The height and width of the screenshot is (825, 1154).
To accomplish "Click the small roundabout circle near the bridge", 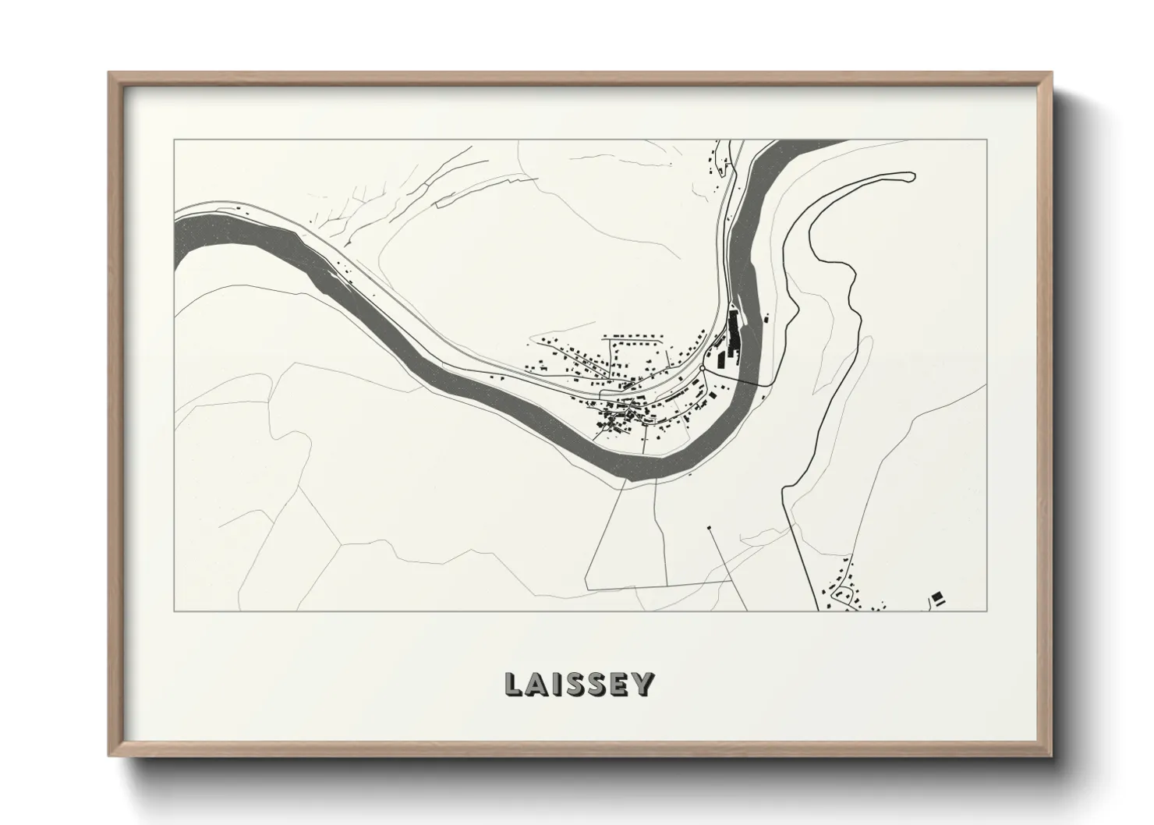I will pos(702,367).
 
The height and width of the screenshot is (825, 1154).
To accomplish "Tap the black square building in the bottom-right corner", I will pos(938,597).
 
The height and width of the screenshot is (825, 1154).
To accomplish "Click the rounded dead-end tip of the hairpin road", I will pos(910,177).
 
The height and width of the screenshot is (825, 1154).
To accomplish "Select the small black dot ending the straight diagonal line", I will pos(709,528).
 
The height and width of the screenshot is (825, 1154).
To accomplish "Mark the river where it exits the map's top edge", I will pos(807,142).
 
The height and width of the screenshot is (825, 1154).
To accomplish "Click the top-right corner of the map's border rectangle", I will pos(987,140).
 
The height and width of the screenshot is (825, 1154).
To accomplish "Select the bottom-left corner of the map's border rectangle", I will pos(175,611).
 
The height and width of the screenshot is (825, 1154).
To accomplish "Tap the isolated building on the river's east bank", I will pos(766,318).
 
